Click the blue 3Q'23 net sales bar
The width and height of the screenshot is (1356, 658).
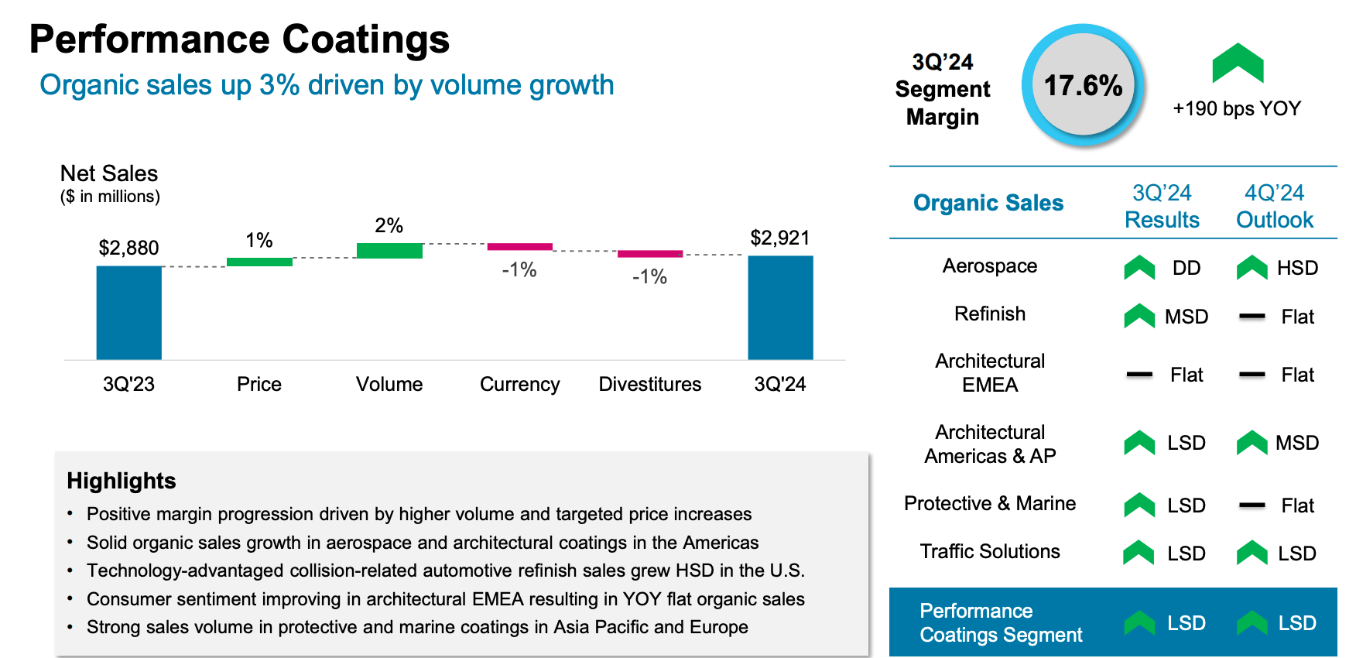coord(128,313)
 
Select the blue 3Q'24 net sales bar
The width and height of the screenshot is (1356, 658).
coord(780,307)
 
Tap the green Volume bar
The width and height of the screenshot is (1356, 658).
coord(389,251)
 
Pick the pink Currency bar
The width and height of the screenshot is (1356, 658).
coord(519,247)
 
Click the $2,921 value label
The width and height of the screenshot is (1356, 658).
coord(779,238)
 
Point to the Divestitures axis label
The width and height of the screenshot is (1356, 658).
coord(649,384)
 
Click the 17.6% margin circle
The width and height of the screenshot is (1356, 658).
coord(1083,85)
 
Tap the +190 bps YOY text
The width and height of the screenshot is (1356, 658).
coord(1237,108)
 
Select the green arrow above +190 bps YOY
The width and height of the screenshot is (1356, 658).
coord(1237,63)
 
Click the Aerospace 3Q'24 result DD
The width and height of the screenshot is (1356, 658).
coord(1186,268)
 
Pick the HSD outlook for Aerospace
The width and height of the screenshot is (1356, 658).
coord(1297,268)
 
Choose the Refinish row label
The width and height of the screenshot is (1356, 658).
coord(989,314)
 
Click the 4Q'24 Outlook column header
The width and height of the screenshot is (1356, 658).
coord(1274,206)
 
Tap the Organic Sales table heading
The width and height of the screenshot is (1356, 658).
coord(988,203)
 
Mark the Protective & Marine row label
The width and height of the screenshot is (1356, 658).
coord(989,503)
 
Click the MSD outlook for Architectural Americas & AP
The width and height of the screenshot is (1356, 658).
coord(1296,443)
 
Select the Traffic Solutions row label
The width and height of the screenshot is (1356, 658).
coord(989,551)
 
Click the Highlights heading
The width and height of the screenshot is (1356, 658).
coord(122,481)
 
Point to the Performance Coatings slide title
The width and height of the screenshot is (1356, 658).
coord(239,39)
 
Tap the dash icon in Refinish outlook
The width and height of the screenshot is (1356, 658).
coord(1252,317)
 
